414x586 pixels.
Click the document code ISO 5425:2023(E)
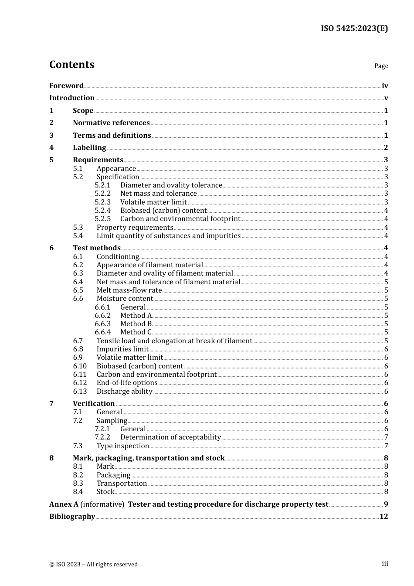coord(354,28)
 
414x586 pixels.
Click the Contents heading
coord(71,65)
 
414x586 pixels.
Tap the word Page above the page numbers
coord(381,66)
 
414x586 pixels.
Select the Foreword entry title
coord(66,86)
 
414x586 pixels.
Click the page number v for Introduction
coord(386,98)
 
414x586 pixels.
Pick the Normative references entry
coord(111,123)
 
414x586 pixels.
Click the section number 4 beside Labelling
coord(51,148)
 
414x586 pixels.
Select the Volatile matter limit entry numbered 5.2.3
coord(153,202)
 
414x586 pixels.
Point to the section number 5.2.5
coord(103,219)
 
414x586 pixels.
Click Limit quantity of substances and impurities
coord(168,236)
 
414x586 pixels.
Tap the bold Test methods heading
coord(96,248)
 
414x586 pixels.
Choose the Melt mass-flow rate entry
coord(129,290)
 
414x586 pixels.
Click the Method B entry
coord(136,324)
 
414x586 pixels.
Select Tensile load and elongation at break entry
coord(174,341)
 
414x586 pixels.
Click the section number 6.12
coord(80,383)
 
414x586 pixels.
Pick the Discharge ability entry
coord(124,392)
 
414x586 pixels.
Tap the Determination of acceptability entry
coord(170,437)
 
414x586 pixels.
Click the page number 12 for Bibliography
coord(383,517)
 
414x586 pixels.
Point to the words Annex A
coord(64,504)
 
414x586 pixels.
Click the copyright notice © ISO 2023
coord(93,565)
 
